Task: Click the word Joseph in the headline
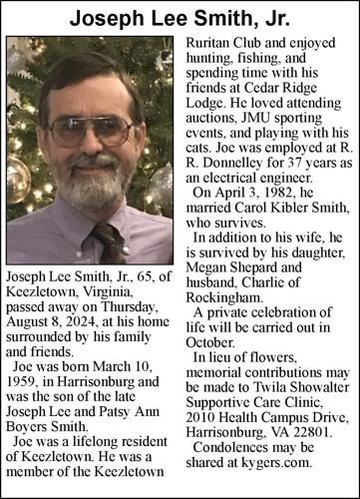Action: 105,17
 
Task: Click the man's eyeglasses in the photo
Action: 91,131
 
